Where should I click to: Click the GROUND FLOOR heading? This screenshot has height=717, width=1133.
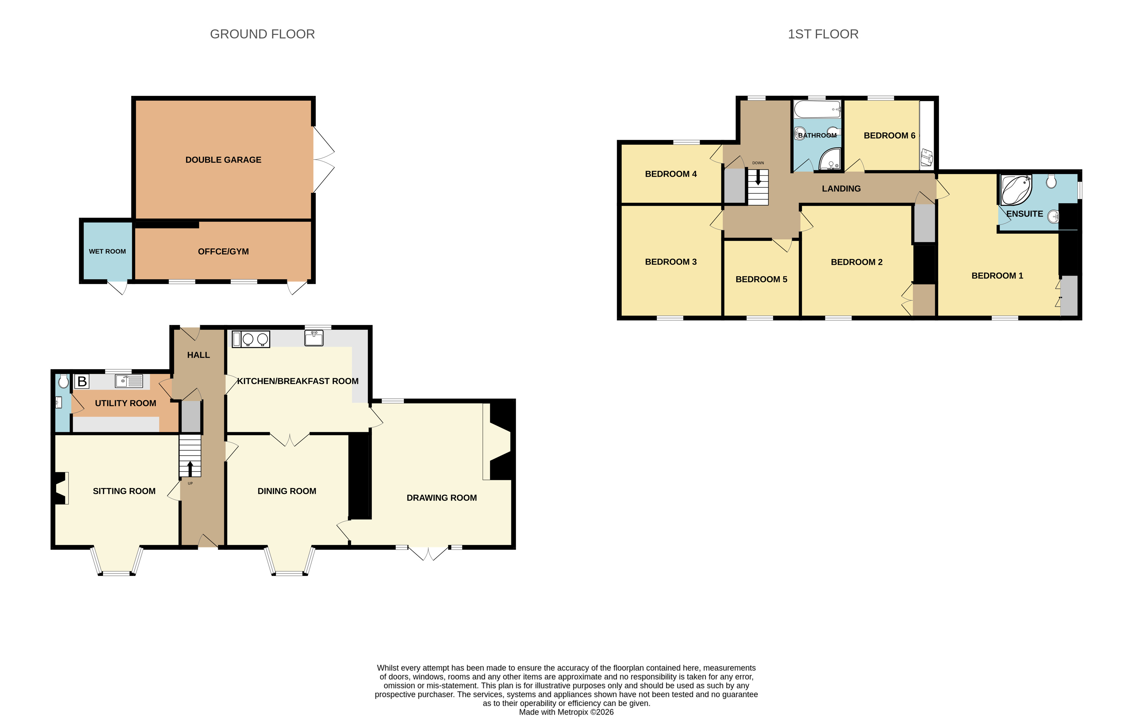262,34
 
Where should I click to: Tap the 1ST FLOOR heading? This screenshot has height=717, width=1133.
823,34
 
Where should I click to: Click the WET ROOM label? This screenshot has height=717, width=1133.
107,252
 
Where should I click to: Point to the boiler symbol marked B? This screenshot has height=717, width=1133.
82,381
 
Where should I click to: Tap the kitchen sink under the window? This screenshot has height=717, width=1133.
314,338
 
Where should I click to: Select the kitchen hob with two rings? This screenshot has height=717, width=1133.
255,339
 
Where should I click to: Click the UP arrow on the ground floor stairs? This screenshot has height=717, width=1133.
190,469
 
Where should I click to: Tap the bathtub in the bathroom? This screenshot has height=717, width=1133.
817,109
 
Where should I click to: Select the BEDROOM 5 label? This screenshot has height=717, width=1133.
761,279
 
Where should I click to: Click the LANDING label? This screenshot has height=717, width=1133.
841,189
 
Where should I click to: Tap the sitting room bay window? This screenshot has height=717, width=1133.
117,563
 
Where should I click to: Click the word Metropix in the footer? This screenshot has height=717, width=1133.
572,712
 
